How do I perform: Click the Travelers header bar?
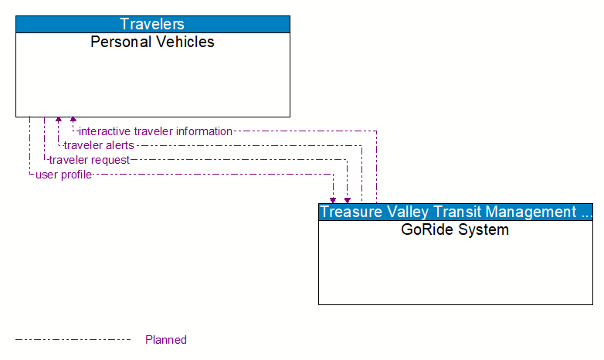click(x=153, y=24)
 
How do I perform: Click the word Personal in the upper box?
click(x=118, y=42)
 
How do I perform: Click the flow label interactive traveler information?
click(x=155, y=131)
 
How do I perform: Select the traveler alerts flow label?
click(x=99, y=145)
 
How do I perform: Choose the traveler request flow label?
click(x=90, y=160)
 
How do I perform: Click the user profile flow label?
click(x=64, y=175)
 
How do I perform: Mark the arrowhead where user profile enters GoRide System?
click(x=333, y=199)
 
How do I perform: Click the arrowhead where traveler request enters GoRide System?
click(x=348, y=199)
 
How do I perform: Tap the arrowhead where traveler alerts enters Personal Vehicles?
click(x=59, y=121)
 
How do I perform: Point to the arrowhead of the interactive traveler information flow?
click(x=73, y=121)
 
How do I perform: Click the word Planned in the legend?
click(x=166, y=340)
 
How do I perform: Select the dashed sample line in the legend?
click(x=73, y=339)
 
